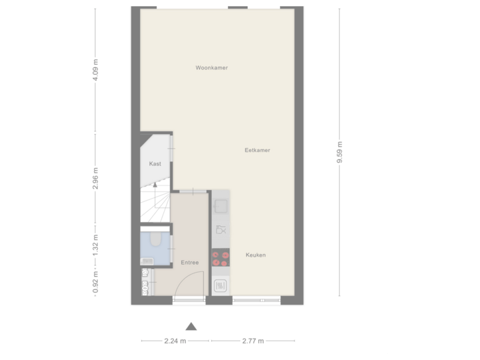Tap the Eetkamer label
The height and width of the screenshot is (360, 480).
point(257,151)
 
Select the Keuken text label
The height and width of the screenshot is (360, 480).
point(256,255)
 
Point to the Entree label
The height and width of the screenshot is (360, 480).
point(190,263)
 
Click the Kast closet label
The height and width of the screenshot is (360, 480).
point(155,163)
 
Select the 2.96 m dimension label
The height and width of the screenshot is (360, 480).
point(96,178)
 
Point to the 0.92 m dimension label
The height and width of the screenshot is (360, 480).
point(96,282)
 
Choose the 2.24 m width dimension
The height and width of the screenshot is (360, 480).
point(175,341)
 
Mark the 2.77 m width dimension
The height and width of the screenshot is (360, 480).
point(253,341)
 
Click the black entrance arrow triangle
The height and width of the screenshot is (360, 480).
point(192,327)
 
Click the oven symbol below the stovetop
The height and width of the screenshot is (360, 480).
point(221,286)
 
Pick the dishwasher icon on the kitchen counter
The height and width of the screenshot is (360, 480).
point(221,230)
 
